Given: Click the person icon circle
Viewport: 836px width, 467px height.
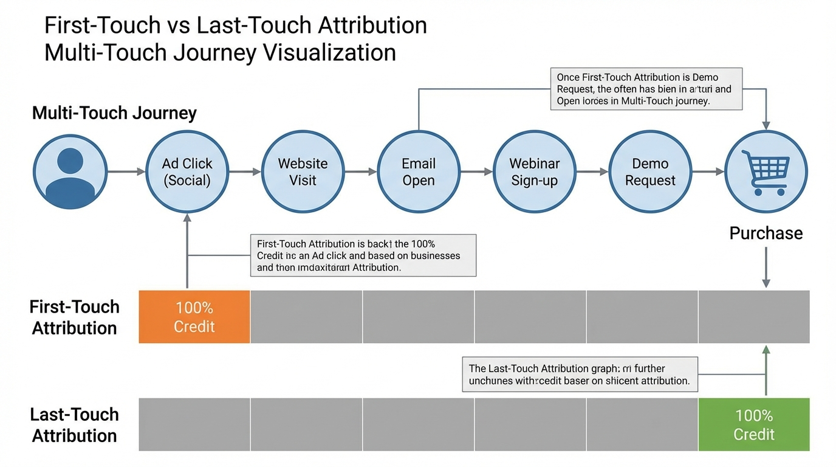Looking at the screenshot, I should pyautogui.click(x=70, y=172).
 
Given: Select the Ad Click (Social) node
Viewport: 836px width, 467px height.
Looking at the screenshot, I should pyautogui.click(x=187, y=172).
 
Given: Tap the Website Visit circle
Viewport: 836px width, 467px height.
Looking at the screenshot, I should pyautogui.click(x=303, y=172).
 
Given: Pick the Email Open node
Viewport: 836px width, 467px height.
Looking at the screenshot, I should pyautogui.click(x=419, y=172).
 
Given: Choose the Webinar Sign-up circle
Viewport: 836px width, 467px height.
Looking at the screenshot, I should pyautogui.click(x=534, y=172).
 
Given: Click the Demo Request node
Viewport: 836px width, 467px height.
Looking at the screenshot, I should pyautogui.click(x=650, y=172).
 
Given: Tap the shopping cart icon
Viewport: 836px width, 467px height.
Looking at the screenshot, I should pyautogui.click(x=766, y=172).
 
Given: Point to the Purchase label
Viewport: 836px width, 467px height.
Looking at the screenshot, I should pyautogui.click(x=766, y=233).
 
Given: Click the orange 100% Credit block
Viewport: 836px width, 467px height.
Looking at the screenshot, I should pyautogui.click(x=194, y=317).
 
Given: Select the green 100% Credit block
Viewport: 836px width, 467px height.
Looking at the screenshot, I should pyautogui.click(x=754, y=424).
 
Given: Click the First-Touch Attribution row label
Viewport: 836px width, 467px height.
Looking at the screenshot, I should pyautogui.click(x=74, y=317).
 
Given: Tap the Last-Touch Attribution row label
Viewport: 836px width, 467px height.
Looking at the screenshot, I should pyautogui.click(x=74, y=425).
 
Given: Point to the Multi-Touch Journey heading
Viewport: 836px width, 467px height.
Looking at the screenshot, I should pyautogui.click(x=114, y=113).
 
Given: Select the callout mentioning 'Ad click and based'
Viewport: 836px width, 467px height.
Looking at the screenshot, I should pyautogui.click(x=363, y=255).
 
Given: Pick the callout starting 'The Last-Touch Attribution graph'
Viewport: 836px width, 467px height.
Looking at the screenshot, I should pyautogui.click(x=580, y=375).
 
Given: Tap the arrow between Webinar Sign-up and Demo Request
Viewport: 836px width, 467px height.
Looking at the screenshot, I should pyautogui.click(x=592, y=172).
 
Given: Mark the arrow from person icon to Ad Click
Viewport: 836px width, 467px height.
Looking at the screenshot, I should pyautogui.click(x=126, y=172).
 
